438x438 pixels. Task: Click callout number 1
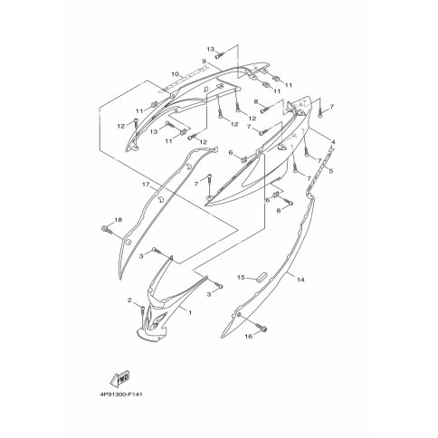(x=190, y=313)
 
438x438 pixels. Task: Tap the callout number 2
(x=129, y=300)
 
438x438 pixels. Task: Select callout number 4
(x=333, y=142)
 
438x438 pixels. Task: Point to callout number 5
(x=331, y=171)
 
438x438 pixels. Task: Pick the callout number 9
(x=204, y=62)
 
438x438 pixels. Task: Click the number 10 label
(x=176, y=74)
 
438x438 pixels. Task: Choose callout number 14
(x=300, y=280)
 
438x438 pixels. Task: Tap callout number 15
(x=241, y=277)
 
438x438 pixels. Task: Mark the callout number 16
(x=248, y=336)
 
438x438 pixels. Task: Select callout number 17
(x=146, y=185)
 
